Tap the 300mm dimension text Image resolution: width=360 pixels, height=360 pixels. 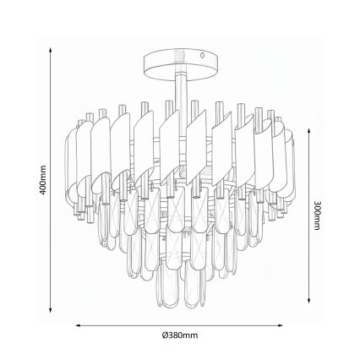(x=316, y=216)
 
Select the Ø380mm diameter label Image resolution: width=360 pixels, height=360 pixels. (x=180, y=335)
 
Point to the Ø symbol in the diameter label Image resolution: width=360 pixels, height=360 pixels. (x=166, y=335)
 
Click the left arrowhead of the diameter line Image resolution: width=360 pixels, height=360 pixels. (x=78, y=324)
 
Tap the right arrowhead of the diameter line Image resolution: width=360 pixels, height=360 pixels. (x=283, y=324)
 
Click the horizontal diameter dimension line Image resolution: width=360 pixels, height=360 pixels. (x=180, y=324)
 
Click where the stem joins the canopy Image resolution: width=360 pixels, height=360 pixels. (x=180, y=75)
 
